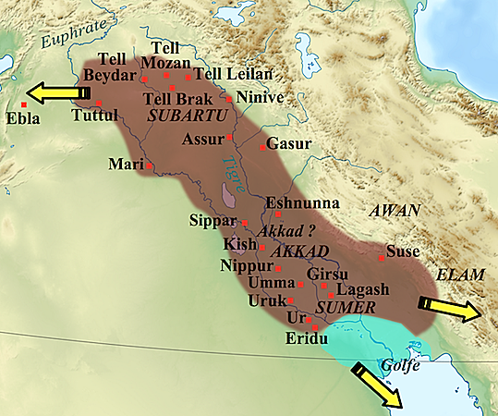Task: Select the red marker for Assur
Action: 230,138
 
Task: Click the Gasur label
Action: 290,144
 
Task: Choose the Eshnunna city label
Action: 302,203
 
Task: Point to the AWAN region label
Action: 395,211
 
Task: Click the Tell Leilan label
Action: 226,74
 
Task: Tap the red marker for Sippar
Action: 244,223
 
